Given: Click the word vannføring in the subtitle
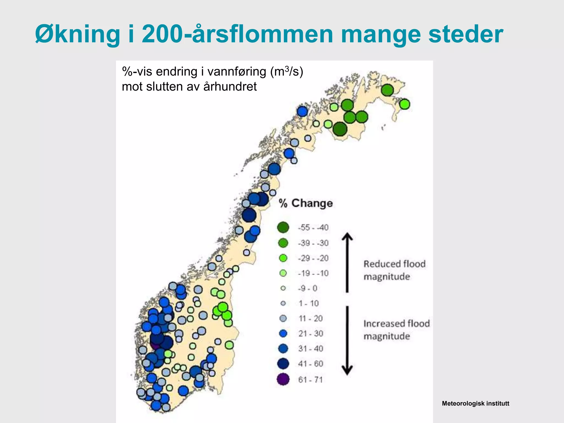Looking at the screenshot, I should coord(236,72).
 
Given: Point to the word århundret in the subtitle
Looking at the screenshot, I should coord(230,86).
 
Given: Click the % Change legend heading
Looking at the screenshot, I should coord(306,203).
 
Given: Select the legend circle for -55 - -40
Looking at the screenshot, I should coord(283,227).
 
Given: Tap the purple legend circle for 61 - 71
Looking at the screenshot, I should coord(283,379).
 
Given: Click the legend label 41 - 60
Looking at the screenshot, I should coord(311,364).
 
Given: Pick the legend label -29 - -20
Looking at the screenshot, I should coord(313,258).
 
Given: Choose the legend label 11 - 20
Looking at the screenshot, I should coord(311,319).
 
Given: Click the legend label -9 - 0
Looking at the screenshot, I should coord(308,288).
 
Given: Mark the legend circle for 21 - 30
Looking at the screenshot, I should coord(283,333).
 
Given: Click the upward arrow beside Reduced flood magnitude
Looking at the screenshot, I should coord(347,262).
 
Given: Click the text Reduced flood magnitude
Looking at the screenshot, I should coord(394,270).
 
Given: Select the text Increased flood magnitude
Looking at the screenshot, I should coord(396,330).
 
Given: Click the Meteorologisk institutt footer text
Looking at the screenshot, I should coord(475,403).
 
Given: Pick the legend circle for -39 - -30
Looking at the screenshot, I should coord(283,243).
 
